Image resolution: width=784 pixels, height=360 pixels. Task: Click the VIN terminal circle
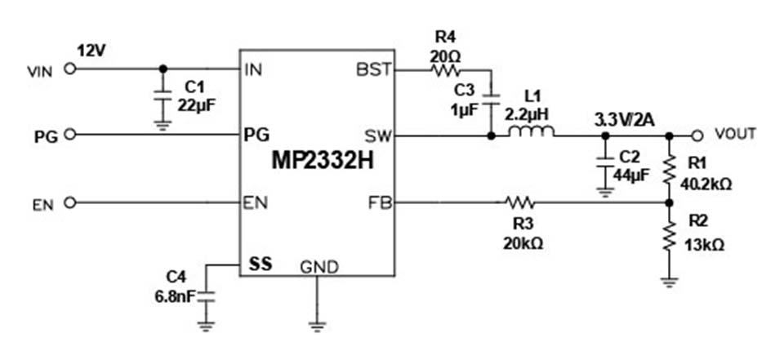(70, 69)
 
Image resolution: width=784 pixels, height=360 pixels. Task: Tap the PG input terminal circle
(70, 135)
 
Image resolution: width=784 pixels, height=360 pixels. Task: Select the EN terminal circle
(70, 202)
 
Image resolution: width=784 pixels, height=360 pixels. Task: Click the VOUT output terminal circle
(697, 135)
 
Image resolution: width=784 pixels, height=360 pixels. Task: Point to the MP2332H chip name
(323, 161)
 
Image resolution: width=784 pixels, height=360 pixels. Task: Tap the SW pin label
(378, 135)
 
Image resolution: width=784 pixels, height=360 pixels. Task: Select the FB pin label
(380, 203)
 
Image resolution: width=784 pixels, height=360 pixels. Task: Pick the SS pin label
(261, 264)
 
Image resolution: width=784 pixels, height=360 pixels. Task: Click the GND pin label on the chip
(319, 267)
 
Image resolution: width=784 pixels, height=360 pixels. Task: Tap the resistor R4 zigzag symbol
(446, 70)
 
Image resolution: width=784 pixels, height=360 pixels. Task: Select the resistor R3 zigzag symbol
(520, 202)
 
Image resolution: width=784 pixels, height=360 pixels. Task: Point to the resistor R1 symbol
(669, 169)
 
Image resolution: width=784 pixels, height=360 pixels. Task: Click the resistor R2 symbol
(669, 237)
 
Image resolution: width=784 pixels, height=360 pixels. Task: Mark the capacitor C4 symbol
(206, 296)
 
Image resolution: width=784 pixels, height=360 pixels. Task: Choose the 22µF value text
(198, 105)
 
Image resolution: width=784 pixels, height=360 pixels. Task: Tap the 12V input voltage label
(90, 51)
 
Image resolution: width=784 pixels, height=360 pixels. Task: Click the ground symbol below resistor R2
(669, 282)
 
